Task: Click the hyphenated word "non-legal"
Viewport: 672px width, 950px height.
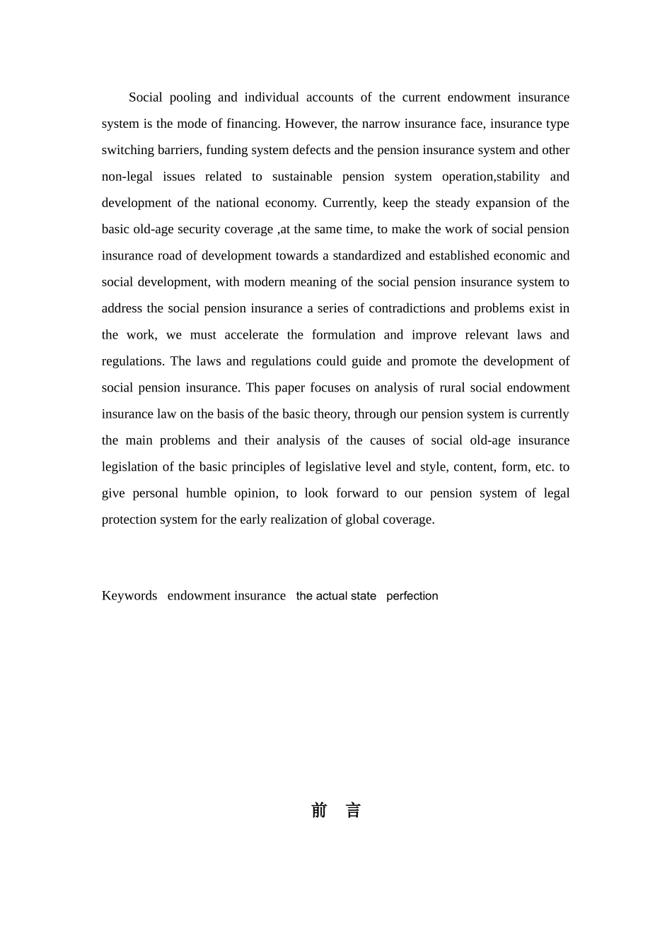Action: pos(127,177)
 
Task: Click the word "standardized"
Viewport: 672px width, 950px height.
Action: pos(367,256)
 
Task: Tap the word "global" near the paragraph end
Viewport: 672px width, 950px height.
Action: pos(362,520)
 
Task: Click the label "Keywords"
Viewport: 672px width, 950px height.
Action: pos(129,596)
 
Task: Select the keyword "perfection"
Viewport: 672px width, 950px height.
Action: pos(412,596)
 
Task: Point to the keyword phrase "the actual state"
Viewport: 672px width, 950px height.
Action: pos(336,596)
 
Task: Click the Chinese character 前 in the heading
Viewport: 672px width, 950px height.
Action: pos(319,811)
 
